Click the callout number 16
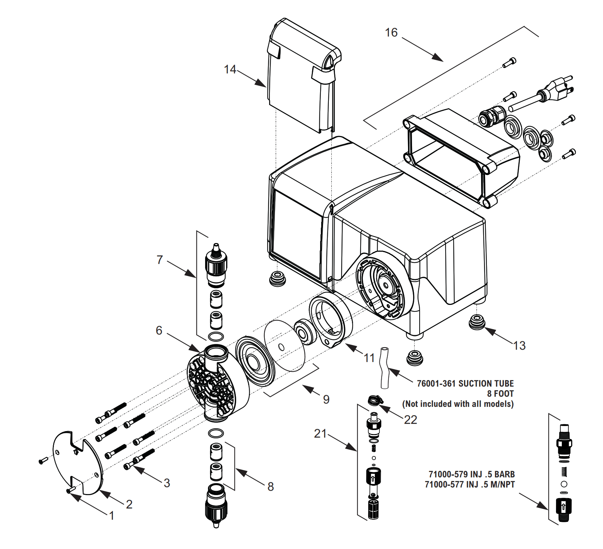391,33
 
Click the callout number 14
230,69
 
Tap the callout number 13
519,345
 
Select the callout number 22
411,420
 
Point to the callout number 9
326,399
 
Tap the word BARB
504,474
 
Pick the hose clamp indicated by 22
375,400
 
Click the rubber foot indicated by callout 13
477,322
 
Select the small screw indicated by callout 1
69,490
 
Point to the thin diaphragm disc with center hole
284,345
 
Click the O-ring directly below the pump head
216,433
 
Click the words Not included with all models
458,404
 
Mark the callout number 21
320,433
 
